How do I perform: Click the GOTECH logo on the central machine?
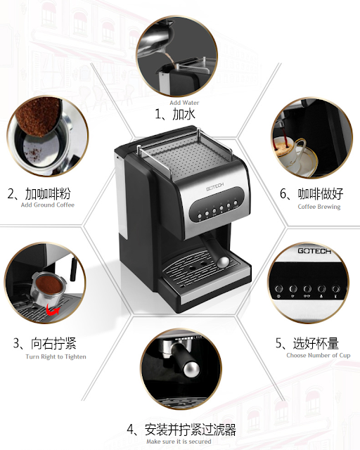[x=214, y=187]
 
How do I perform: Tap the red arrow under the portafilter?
[x=53, y=310]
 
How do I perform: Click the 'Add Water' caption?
[x=184, y=103]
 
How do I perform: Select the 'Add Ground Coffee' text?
[x=48, y=205]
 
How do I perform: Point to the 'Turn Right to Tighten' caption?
[x=56, y=356]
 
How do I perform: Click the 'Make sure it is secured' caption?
[x=179, y=442]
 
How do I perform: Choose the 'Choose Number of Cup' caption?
[x=319, y=355]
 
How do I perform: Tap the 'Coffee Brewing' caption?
[x=319, y=207]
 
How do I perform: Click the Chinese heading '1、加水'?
[x=175, y=114]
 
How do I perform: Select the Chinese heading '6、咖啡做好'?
[x=311, y=194]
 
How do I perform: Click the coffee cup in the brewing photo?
[x=292, y=155]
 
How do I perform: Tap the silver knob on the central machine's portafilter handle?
[x=223, y=262]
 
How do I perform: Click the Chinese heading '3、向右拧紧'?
[x=45, y=343]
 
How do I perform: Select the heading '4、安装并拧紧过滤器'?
[x=181, y=430]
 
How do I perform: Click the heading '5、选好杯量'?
[x=307, y=343]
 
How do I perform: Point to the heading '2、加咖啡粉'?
[x=39, y=194]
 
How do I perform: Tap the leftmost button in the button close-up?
[x=278, y=289]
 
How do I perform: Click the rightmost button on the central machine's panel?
[x=236, y=203]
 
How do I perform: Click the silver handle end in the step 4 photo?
[x=190, y=370]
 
